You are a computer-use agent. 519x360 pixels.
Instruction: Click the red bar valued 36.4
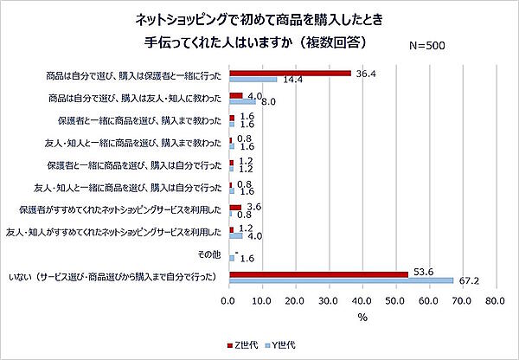pos(290,73)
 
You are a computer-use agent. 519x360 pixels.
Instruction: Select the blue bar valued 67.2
pos(341,280)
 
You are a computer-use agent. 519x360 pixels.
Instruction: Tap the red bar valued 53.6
pos(318,273)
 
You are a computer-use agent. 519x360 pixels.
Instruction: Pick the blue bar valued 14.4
pos(253,80)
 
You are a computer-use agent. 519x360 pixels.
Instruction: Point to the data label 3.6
pos(254,206)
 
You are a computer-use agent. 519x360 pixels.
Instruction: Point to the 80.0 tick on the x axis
pos(495,302)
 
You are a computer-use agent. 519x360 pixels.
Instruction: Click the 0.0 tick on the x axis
pos(229,302)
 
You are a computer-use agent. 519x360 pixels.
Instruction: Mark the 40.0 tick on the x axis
pos(362,302)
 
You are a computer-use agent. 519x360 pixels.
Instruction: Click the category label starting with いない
pos(121,277)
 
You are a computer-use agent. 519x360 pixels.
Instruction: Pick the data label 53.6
pos(421,272)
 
